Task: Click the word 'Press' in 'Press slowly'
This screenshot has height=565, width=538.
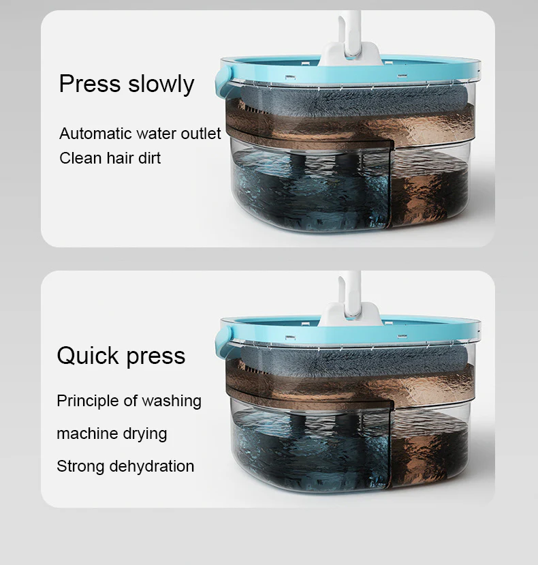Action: click(x=90, y=84)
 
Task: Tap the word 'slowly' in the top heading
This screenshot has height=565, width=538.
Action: click(x=161, y=85)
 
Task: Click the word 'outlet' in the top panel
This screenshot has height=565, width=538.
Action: click(x=201, y=134)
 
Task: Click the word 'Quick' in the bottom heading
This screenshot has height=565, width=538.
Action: click(x=88, y=356)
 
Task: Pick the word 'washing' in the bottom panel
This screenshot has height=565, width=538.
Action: click(x=172, y=401)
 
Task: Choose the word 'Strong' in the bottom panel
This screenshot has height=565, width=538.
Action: click(x=80, y=466)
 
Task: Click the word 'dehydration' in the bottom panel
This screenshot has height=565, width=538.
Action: click(x=152, y=466)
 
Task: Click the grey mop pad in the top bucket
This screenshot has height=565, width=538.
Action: click(x=355, y=101)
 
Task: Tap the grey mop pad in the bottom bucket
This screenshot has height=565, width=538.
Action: click(x=355, y=361)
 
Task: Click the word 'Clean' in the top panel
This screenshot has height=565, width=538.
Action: click(x=80, y=158)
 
